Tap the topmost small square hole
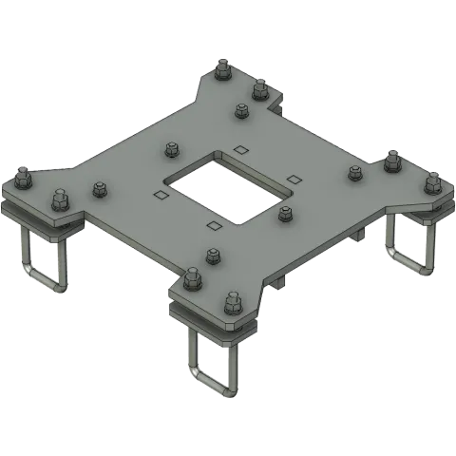pyautogui.click(x=240, y=148)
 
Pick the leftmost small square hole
pyautogui.click(x=161, y=195)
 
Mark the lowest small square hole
pyautogui.click(x=212, y=226)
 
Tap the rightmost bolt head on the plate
pyautogui.click(x=432, y=180)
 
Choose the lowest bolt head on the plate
pyautogui.click(x=231, y=303)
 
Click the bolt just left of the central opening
pyautogui.click(x=171, y=148)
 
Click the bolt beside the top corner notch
pyautogui.click(x=259, y=88)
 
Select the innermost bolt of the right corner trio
pyautogui.click(x=355, y=172)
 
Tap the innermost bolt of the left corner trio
pyautogui.click(x=98, y=189)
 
